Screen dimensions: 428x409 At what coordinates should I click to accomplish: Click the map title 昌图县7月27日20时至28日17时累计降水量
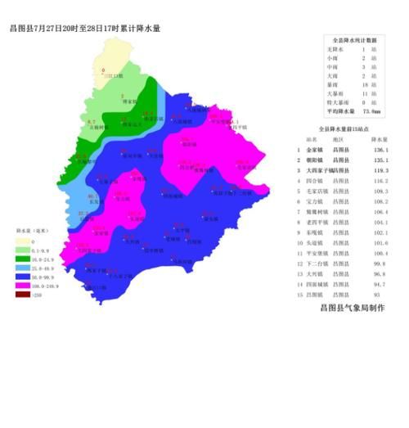(84, 28)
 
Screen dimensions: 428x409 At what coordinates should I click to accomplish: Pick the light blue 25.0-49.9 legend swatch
(25, 267)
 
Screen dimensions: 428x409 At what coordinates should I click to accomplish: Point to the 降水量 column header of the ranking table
(377, 140)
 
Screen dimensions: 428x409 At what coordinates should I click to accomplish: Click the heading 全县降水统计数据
(352, 39)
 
